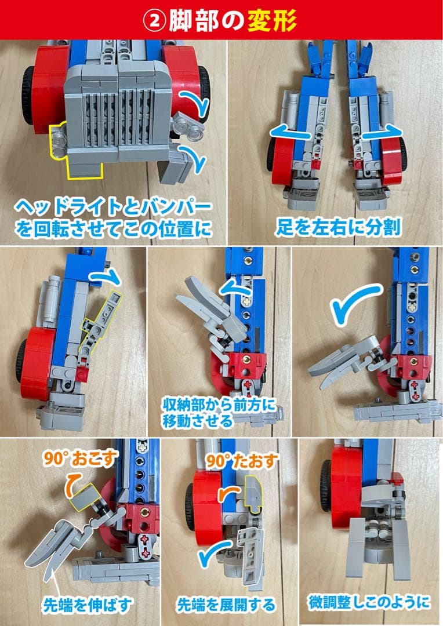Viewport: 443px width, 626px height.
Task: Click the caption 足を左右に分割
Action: [337, 227]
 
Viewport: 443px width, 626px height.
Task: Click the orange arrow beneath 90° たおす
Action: [227, 492]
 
